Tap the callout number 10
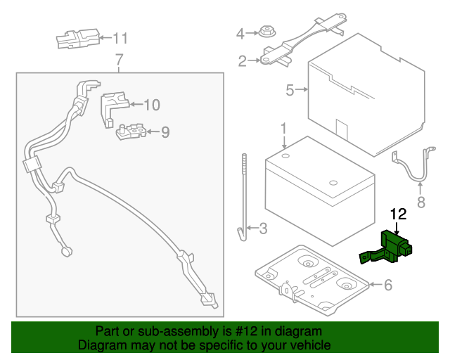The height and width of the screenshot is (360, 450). (151, 105)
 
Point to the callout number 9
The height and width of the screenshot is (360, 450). (165, 131)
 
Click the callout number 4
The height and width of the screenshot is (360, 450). (240, 33)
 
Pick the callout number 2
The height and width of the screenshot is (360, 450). (242, 61)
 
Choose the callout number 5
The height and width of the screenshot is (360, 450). (289, 89)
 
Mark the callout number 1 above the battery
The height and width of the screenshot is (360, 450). (283, 129)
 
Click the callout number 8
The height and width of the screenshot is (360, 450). (421, 203)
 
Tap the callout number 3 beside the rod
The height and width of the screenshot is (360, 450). (262, 228)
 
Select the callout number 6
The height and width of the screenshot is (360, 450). (387, 285)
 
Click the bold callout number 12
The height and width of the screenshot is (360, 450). (399, 212)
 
